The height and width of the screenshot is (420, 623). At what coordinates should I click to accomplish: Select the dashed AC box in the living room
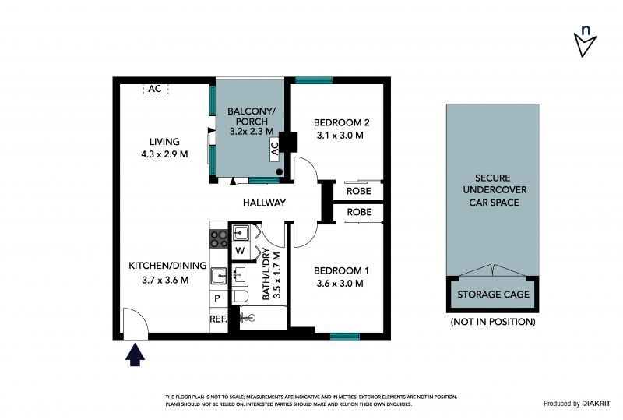(x=155, y=89)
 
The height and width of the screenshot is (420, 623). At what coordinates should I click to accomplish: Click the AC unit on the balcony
(x=275, y=149)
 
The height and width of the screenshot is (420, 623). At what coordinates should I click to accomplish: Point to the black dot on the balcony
(x=280, y=171)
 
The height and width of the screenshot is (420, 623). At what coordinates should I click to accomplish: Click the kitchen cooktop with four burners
(x=219, y=238)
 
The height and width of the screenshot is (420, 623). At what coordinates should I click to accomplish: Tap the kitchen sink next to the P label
(x=219, y=276)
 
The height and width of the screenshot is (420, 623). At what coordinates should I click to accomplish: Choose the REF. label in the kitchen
(x=218, y=319)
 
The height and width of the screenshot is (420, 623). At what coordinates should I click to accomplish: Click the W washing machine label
(x=240, y=251)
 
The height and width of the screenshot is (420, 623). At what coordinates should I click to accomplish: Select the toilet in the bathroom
(x=241, y=296)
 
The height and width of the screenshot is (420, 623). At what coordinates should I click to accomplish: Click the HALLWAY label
(x=264, y=203)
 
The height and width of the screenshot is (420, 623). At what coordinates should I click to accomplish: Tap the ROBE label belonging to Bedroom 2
(x=359, y=191)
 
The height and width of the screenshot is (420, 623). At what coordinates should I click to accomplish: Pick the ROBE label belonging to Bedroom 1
(x=359, y=212)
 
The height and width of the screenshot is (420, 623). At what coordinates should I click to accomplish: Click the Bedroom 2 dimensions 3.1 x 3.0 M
(x=340, y=136)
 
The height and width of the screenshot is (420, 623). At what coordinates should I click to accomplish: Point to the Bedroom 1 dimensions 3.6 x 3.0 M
(x=340, y=284)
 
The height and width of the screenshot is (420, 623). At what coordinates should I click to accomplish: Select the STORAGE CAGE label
(x=494, y=295)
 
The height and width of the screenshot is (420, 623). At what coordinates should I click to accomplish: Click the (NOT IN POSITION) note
(x=493, y=322)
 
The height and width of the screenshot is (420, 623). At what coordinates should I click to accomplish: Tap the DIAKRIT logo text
(x=596, y=404)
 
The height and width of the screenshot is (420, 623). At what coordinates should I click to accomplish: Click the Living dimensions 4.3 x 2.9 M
(x=164, y=154)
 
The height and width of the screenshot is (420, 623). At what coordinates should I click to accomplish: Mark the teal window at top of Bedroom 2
(x=314, y=80)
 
